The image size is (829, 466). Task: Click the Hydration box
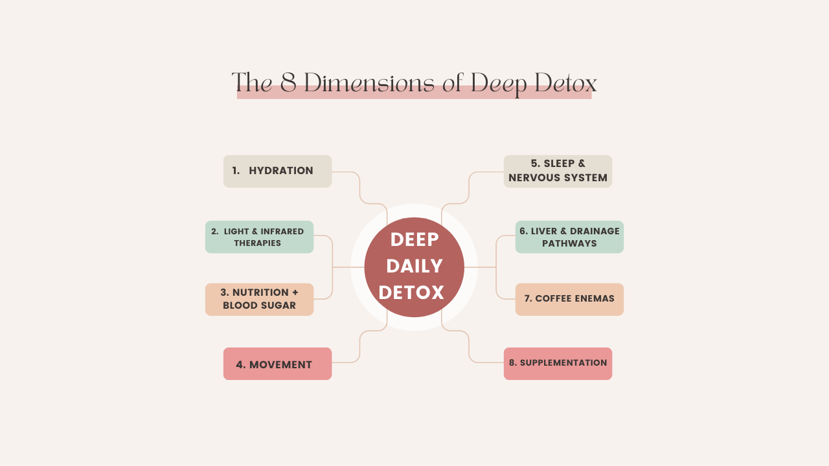(277, 171)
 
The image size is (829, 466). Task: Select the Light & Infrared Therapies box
(259, 237)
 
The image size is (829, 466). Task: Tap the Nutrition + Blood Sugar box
(259, 299)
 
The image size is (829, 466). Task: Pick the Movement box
(277, 364)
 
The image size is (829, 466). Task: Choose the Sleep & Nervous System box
(558, 171)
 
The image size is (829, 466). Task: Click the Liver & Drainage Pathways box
(569, 237)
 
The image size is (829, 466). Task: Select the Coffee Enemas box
(569, 299)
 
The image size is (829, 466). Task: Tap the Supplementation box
(558, 363)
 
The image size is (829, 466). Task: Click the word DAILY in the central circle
(414, 266)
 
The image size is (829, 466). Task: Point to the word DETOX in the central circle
(412, 293)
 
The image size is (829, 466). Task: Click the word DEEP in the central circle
(414, 239)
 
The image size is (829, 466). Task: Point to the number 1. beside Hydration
(236, 170)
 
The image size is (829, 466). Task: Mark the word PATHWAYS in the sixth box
(569, 243)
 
